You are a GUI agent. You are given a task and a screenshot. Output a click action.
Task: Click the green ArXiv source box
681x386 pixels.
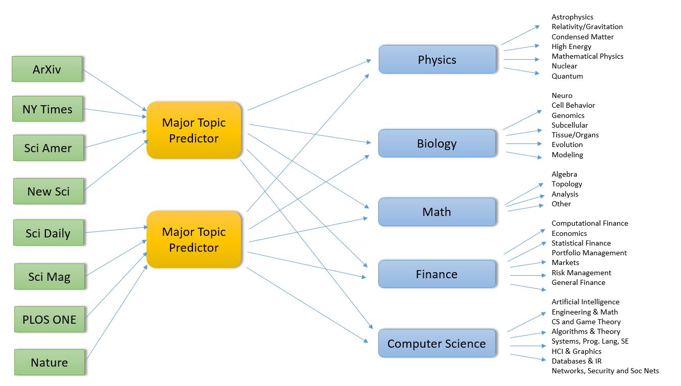click(x=47, y=69)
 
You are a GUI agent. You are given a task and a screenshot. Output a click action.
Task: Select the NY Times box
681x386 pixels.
click(x=47, y=109)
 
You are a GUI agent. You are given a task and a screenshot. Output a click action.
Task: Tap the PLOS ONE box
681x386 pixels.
click(x=49, y=319)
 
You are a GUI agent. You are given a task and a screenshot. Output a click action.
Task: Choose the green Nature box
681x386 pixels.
click(x=49, y=362)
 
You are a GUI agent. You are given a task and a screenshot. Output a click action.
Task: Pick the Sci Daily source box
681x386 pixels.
click(x=48, y=233)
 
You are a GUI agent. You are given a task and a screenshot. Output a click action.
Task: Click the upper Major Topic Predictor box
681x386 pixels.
click(x=193, y=130)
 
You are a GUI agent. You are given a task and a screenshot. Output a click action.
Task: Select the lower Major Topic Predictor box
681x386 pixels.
click(x=193, y=239)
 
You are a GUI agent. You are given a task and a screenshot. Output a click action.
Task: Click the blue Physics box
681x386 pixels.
click(x=437, y=59)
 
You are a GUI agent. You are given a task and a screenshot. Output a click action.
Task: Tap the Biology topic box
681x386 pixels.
click(x=437, y=143)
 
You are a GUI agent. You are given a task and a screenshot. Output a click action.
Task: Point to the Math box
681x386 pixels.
click(x=437, y=212)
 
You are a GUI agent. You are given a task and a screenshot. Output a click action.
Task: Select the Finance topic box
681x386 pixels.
click(x=437, y=274)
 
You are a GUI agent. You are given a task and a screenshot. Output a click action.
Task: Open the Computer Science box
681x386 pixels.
click(x=437, y=344)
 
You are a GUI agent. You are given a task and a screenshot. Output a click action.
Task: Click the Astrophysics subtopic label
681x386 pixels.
click(x=572, y=17)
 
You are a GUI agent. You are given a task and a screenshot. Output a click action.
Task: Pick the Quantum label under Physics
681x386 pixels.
click(x=567, y=76)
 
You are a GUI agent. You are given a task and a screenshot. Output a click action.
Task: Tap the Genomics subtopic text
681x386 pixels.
click(x=568, y=115)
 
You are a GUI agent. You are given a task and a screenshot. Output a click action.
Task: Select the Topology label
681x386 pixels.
click(x=567, y=184)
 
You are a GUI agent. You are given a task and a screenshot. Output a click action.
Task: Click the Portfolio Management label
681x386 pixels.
click(x=589, y=253)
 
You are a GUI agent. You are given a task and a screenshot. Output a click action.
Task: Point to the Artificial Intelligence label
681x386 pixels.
click(x=586, y=302)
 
